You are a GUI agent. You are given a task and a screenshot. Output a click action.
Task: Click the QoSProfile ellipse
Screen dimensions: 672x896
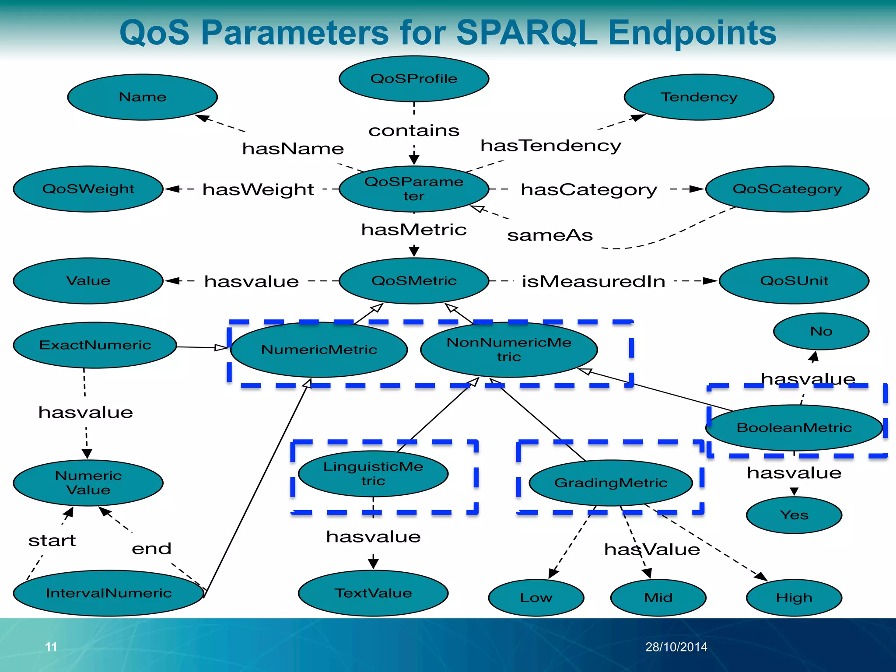(x=413, y=79)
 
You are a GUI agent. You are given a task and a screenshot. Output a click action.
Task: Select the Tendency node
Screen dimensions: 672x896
(x=699, y=97)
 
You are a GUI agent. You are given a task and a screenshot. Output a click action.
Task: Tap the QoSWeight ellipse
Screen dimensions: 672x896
(x=88, y=189)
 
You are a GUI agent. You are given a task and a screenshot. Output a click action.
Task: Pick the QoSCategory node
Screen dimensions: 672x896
(x=787, y=189)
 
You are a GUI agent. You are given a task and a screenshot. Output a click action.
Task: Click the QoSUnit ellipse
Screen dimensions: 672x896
(x=794, y=281)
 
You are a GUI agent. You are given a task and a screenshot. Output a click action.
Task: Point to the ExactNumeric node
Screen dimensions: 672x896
(x=95, y=345)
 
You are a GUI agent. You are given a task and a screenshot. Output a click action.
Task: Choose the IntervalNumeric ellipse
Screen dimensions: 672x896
(x=108, y=593)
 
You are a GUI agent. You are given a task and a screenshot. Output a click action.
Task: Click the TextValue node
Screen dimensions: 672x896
(x=373, y=593)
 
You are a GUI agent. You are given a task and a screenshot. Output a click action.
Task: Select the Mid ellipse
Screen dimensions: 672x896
(x=658, y=598)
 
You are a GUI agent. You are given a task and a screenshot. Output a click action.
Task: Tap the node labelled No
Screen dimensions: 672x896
(x=821, y=331)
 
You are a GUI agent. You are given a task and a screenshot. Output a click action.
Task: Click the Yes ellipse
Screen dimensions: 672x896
(x=794, y=515)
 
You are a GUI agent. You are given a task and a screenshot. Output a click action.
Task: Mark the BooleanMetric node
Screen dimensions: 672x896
(x=794, y=427)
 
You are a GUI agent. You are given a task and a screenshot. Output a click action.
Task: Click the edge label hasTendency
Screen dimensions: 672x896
(x=551, y=146)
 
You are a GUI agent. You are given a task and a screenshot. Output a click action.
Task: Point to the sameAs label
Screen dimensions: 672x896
(x=550, y=235)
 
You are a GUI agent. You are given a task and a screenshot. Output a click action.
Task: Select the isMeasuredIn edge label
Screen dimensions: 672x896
(x=593, y=281)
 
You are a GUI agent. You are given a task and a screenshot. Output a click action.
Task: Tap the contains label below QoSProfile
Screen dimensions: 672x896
(x=414, y=130)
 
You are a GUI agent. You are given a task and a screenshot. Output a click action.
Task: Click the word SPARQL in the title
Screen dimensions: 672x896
(x=527, y=33)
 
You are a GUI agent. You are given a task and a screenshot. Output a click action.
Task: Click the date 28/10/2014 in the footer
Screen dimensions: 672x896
(x=676, y=647)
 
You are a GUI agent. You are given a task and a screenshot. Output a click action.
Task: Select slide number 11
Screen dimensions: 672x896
(x=51, y=647)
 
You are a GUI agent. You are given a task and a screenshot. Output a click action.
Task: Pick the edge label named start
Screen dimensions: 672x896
(x=52, y=541)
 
